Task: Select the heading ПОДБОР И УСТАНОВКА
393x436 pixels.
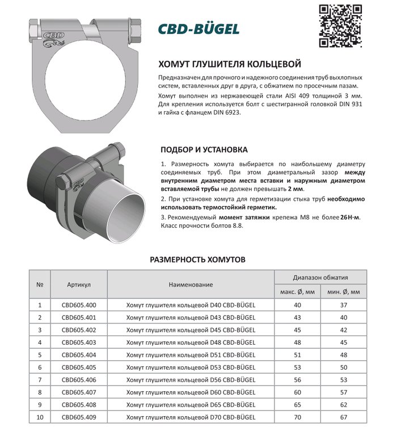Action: pyautogui.click(x=204, y=150)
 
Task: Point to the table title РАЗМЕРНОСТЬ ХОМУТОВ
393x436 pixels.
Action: pyautogui.click(x=197, y=259)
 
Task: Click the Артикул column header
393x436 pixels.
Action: pyautogui.click(x=79, y=284)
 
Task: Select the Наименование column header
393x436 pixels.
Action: pyautogui.click(x=191, y=284)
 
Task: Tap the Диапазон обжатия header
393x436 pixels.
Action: pyautogui.click(x=320, y=278)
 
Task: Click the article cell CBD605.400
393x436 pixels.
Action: pyautogui.click(x=79, y=305)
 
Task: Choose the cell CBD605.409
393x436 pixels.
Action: pyautogui.click(x=79, y=417)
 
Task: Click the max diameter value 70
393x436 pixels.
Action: pyautogui.click(x=297, y=417)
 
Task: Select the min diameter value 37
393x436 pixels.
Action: pyautogui.click(x=344, y=305)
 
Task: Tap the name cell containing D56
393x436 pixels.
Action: pyautogui.click(x=191, y=380)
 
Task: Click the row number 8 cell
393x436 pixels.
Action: pyautogui.click(x=40, y=392)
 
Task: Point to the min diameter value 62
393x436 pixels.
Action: pyautogui.click(x=344, y=405)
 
